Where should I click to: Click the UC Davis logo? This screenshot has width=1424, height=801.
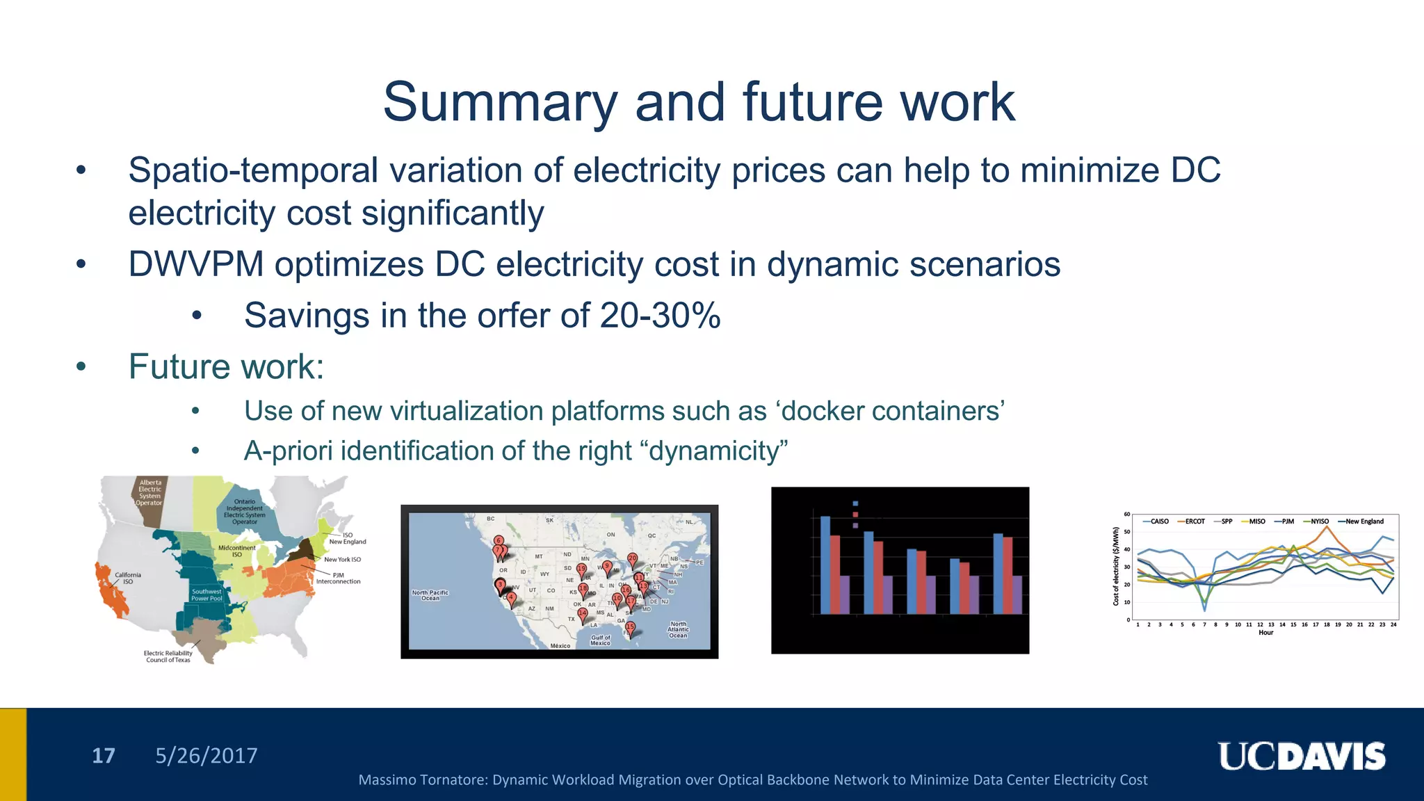click(1301, 756)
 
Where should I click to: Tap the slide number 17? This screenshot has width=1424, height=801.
click(104, 756)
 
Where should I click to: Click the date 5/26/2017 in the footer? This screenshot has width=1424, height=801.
click(206, 756)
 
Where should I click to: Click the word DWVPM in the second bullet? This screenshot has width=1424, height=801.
click(195, 265)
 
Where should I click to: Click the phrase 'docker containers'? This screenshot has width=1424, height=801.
click(893, 411)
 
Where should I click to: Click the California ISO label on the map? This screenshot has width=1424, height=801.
click(128, 578)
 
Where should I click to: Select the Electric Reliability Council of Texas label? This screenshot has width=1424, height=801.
click(168, 656)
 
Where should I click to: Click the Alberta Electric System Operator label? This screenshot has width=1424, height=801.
click(149, 492)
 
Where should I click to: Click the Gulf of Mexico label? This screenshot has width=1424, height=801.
click(600, 640)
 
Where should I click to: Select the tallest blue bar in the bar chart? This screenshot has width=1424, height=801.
click(825, 565)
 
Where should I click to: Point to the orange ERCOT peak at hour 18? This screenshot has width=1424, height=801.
click(1327, 528)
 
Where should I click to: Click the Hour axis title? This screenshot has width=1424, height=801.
click(1265, 633)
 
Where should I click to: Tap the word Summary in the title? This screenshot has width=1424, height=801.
click(501, 102)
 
